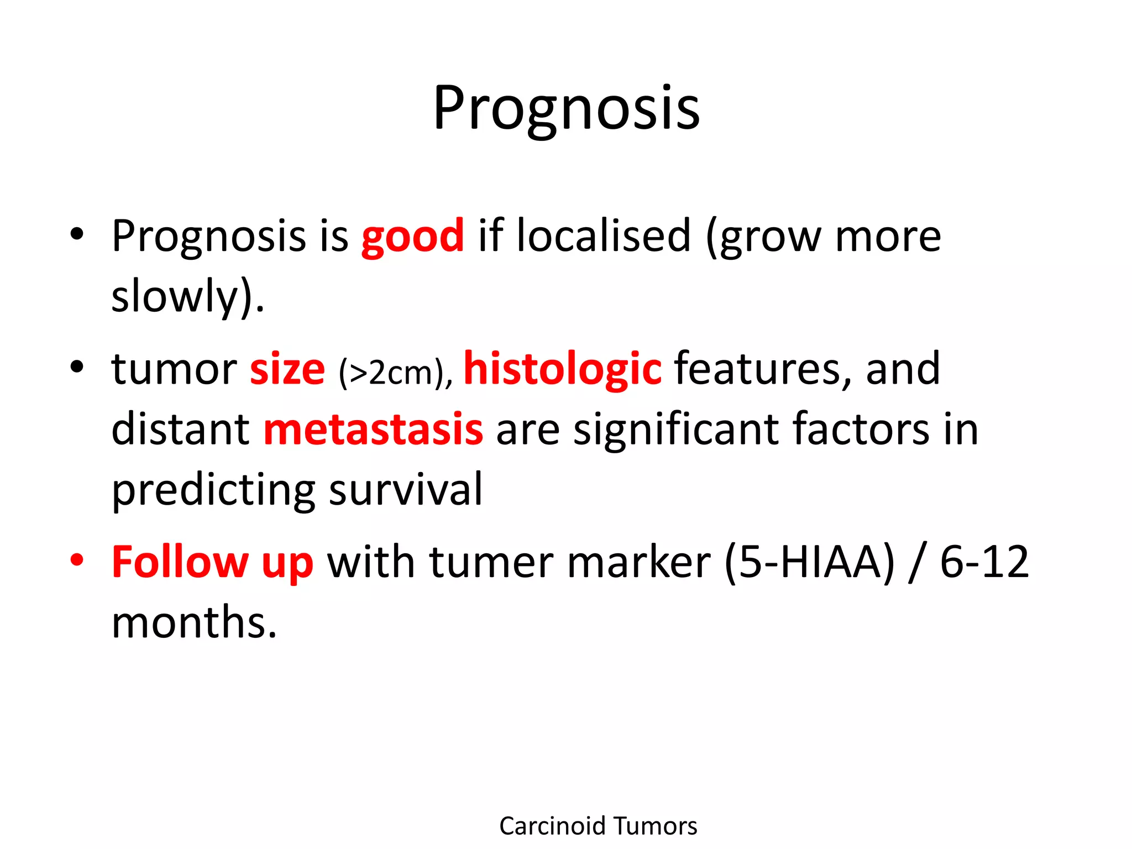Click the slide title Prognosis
tap(566, 109)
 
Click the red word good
tap(412, 237)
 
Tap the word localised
tap(604, 237)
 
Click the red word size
tap(287, 369)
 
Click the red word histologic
tap(562, 369)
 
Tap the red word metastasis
tap(373, 429)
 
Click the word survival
tap(406, 490)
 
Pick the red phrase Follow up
tap(212, 562)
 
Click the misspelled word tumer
tap(491, 562)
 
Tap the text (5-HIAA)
tap(809, 562)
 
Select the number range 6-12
tap(984, 562)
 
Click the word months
tap(193, 622)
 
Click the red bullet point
tap(77, 559)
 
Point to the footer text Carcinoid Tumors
tap(598, 826)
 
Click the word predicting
tap(213, 490)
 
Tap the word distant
tap(180, 429)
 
